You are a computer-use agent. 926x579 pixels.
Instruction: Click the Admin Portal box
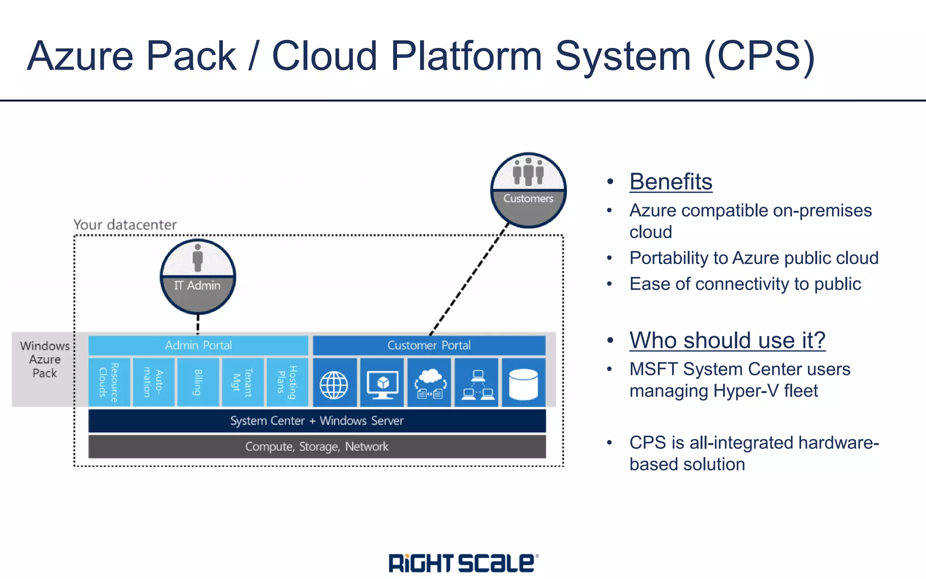coord(198,345)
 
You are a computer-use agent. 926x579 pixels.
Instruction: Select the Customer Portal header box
coord(429,345)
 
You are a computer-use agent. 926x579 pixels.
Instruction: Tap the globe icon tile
coord(334,383)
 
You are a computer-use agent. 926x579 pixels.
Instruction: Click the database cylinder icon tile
coord(523,383)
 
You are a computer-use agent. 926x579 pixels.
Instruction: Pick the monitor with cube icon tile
coord(382,383)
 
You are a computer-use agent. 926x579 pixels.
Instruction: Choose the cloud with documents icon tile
coord(430,383)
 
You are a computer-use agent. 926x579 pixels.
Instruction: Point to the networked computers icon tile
coord(477,383)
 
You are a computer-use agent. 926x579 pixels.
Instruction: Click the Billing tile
coord(198,383)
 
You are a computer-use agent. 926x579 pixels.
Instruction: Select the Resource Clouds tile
coord(109,383)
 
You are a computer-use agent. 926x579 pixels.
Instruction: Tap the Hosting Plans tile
coord(287,383)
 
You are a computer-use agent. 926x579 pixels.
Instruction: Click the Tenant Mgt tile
coord(242,383)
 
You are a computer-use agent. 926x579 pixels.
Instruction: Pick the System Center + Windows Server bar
coord(317,421)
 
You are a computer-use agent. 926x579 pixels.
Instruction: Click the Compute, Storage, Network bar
coord(317,446)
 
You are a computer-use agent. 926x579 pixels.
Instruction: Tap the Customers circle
coord(528,190)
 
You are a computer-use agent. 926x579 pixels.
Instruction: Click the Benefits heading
coord(671,182)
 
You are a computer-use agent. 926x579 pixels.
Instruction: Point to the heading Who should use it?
coord(727,340)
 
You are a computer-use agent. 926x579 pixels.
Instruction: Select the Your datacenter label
coord(125,225)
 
